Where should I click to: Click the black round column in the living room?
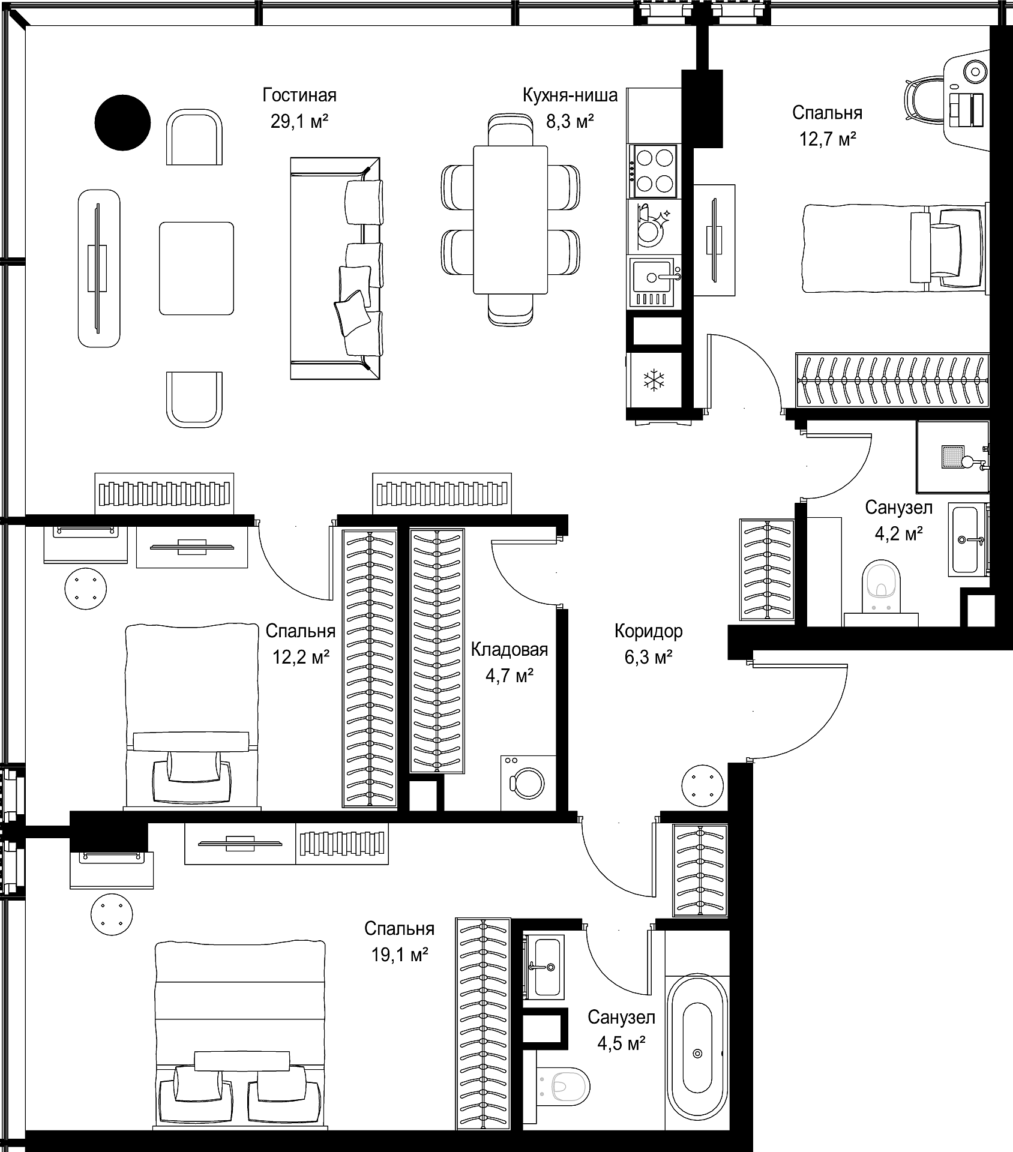(x=122, y=122)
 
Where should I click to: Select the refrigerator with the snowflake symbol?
(x=654, y=381)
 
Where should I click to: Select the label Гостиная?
(x=299, y=95)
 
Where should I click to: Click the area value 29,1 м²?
(x=299, y=122)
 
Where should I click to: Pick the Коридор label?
(x=648, y=631)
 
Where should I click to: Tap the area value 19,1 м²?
(x=399, y=955)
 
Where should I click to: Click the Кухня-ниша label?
(x=570, y=95)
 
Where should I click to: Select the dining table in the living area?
(x=510, y=220)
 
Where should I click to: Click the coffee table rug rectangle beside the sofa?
(x=196, y=268)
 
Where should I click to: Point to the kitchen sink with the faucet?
(x=654, y=283)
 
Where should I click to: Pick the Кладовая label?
(x=510, y=650)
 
